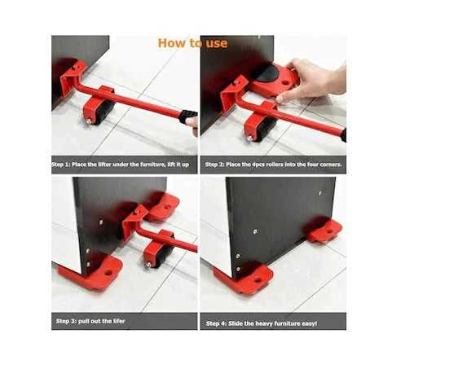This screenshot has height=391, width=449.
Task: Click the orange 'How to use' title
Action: [192, 43]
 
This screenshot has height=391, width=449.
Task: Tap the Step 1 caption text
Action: [121, 165]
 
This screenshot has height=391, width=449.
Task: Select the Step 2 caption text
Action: [274, 165]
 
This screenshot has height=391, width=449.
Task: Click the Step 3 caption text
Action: [90, 321]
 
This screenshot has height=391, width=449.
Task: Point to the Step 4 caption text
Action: [262, 323]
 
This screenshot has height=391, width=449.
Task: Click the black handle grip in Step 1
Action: [188, 116]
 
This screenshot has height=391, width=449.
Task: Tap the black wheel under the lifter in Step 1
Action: [104, 112]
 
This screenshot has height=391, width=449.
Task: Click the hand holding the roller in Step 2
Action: [313, 80]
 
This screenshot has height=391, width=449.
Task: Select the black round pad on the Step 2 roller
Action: [265, 72]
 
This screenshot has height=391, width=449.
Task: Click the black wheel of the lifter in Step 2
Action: [266, 130]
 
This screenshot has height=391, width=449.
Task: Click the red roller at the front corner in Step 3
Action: [92, 273]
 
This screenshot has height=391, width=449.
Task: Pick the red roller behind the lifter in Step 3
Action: [162, 207]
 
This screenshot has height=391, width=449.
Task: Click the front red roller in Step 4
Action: [244, 279]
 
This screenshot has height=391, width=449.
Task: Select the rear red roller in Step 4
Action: [324, 229]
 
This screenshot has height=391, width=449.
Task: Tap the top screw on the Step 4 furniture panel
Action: [319, 193]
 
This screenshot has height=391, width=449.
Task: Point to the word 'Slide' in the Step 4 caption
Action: [236, 323]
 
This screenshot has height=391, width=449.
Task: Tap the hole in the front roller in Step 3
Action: [108, 273]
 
